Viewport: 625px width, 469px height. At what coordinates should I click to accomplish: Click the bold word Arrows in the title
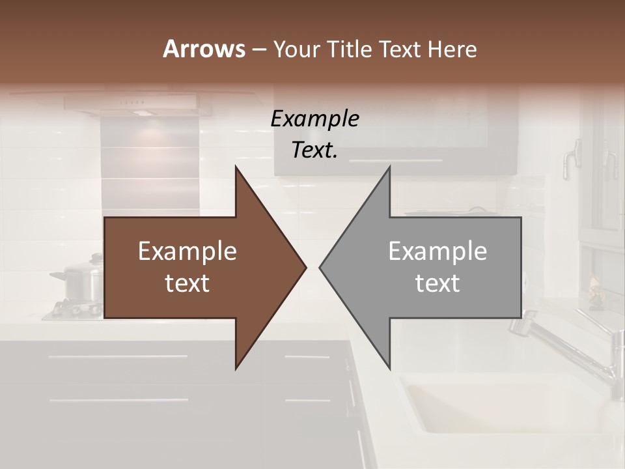pyautogui.click(x=203, y=49)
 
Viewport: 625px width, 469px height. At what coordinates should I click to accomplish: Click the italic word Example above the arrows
pyautogui.click(x=314, y=119)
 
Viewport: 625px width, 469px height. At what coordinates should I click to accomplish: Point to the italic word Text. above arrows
pyautogui.click(x=314, y=150)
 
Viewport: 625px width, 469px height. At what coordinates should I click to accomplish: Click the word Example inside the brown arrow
pyautogui.click(x=187, y=251)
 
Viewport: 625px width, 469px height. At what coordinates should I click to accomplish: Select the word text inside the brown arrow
pyautogui.click(x=187, y=283)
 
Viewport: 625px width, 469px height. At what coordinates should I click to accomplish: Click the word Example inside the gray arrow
pyautogui.click(x=437, y=251)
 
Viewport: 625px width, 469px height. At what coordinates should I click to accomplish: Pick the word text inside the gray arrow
pyautogui.click(x=437, y=283)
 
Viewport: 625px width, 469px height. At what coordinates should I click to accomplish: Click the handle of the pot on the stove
pyautogui.click(x=57, y=276)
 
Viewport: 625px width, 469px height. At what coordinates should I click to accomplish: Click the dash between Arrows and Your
pyautogui.click(x=258, y=50)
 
